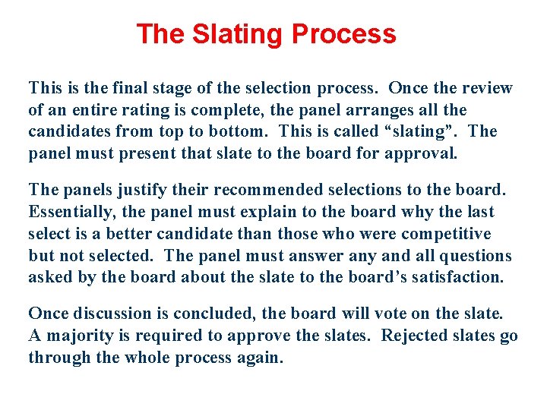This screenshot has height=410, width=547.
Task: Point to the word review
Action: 484,88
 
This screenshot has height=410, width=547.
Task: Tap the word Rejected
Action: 416,336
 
